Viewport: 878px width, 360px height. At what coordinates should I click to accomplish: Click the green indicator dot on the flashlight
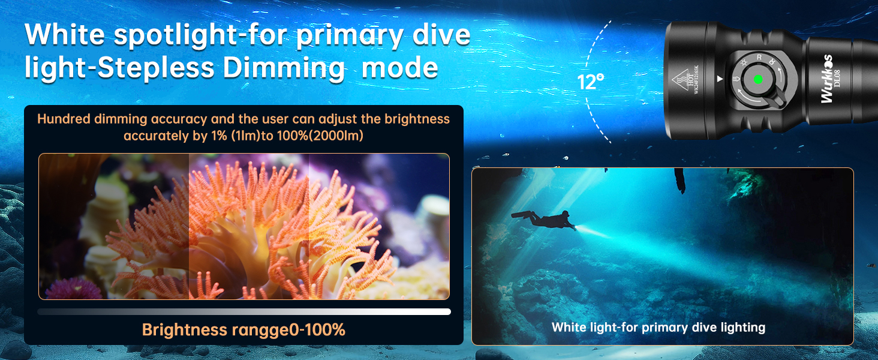[758, 80]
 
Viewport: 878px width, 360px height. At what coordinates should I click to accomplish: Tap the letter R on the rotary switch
[759, 58]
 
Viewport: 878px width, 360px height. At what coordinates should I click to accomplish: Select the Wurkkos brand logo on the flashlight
[826, 79]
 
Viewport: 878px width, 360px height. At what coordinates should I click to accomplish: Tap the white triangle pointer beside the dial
[720, 79]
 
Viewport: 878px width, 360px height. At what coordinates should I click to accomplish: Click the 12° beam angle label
[590, 82]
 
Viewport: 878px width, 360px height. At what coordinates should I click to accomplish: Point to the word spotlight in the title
[175, 35]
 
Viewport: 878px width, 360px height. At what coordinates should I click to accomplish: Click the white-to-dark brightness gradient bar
[244, 312]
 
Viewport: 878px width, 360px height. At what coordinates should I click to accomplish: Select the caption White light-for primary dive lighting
[659, 328]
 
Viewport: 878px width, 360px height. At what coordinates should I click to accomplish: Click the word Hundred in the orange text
[64, 119]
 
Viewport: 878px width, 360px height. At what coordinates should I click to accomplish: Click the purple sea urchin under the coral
[74, 289]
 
